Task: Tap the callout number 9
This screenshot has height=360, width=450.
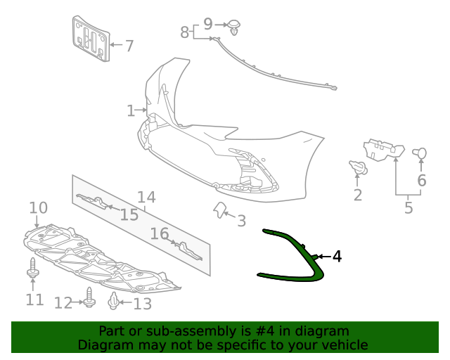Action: point(208,24)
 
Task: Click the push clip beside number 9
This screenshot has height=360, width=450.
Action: point(235,29)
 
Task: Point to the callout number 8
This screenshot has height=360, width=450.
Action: point(185,32)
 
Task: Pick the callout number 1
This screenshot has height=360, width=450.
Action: point(131,110)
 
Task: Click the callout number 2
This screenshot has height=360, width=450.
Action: point(358,195)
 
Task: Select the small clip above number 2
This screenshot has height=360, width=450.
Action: point(357,167)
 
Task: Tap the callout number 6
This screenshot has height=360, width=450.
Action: point(422,180)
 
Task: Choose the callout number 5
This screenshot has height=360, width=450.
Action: point(409,207)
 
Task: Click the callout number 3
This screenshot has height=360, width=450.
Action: point(241,221)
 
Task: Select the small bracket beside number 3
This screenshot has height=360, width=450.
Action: point(219,209)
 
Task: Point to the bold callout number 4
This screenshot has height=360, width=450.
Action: point(337,257)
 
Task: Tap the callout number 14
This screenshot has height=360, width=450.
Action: point(146,198)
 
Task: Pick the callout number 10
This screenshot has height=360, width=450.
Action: point(38,207)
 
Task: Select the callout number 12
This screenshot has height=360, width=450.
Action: point(63,303)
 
